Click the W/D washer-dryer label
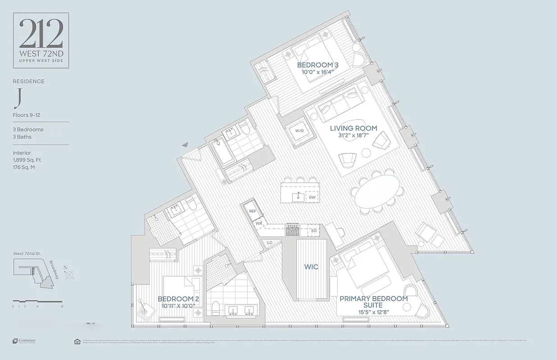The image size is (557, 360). tap(299, 131)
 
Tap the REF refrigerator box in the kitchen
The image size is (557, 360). tap(253, 211)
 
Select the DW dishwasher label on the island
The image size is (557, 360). tap(312, 197)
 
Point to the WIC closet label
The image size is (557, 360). tap(311, 267)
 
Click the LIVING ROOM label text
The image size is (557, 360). tap(353, 128)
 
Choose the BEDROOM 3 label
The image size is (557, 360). tap(317, 65)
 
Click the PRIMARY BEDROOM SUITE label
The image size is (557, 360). tap(373, 301)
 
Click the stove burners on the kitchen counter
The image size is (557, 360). tap(292, 230)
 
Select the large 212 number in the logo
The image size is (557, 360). tap(41, 35)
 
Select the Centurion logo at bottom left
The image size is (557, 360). tap(24, 341)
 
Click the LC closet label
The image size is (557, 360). tap(270, 243)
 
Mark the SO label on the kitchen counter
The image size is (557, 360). tap(314, 231)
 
